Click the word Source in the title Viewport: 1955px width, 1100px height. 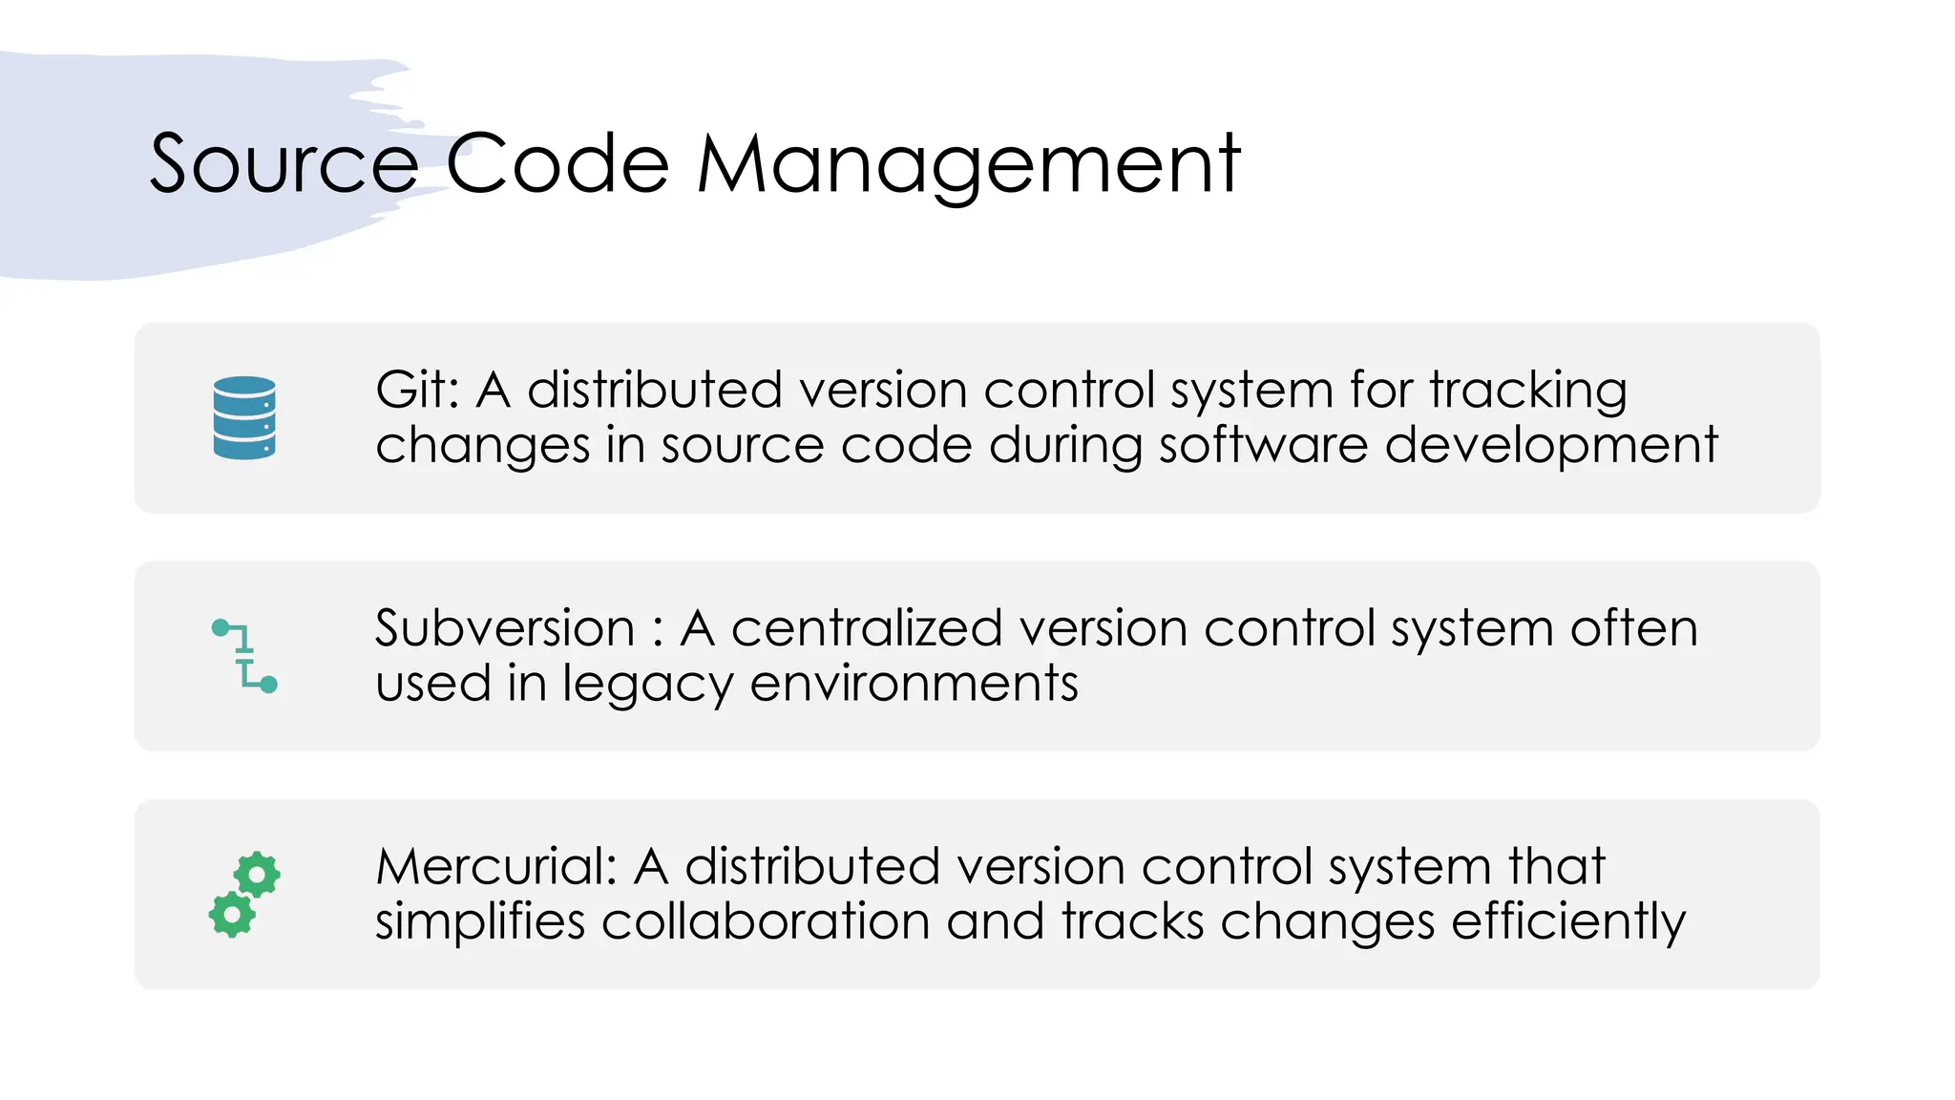coord(284,164)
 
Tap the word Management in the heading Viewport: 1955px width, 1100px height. coord(968,164)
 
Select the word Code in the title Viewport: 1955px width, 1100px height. coord(557,164)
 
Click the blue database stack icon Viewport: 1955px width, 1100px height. coord(244,418)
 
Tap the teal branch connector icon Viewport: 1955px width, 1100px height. coord(244,656)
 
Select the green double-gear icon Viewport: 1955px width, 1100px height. coord(244,894)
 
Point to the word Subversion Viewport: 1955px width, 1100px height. coord(505,628)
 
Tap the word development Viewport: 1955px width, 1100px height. coord(1551,446)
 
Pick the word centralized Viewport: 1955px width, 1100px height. coord(866,628)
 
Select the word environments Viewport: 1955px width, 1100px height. coord(914,684)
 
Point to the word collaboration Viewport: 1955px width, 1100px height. coord(766,921)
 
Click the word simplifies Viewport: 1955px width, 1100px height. coord(480,923)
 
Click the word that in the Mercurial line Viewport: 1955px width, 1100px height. coord(1557,866)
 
